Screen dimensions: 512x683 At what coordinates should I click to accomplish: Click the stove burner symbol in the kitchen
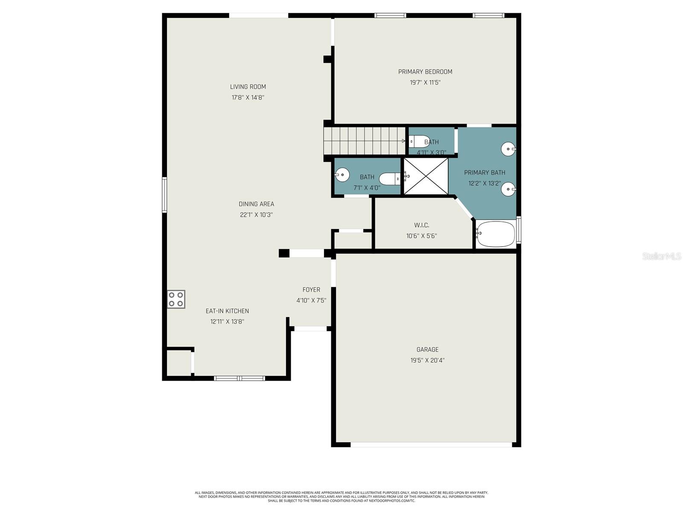coord(176,299)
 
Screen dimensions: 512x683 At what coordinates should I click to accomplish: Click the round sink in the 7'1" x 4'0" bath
coord(342,175)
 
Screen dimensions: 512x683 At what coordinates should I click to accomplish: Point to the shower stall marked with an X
coord(426,176)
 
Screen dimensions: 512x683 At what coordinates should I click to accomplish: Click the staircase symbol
coord(364,141)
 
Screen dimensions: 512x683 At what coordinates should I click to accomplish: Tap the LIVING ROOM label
coord(248,87)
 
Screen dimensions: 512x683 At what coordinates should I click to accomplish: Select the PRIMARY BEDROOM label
coord(425,72)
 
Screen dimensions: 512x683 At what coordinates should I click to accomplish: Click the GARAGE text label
coord(427,349)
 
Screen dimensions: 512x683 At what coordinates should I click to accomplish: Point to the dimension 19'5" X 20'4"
coord(427,360)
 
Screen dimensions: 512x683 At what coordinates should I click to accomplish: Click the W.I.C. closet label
coord(421,225)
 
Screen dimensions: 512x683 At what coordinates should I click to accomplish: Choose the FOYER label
coord(311,290)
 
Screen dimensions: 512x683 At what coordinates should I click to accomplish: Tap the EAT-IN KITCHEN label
coord(227,311)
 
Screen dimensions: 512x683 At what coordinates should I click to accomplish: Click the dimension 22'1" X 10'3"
coord(256,215)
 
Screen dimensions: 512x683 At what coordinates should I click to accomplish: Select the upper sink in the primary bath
coord(508,149)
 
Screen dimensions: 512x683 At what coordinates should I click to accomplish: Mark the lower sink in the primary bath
coord(508,189)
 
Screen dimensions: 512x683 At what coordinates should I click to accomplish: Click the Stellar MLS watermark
coord(662,256)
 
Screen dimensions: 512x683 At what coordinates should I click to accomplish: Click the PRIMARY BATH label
coord(485,172)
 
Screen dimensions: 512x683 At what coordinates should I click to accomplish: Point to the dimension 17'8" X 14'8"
coord(248,97)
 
